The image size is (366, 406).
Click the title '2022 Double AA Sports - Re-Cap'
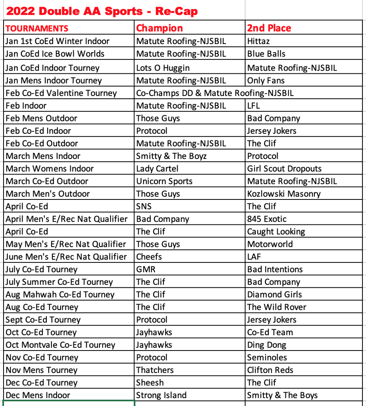click(x=102, y=11)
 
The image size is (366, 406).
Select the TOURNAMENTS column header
click(x=37, y=29)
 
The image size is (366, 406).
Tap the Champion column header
click(x=159, y=28)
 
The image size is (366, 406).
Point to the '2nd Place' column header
click(x=269, y=28)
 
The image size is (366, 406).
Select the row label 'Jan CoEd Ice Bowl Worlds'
click(x=55, y=54)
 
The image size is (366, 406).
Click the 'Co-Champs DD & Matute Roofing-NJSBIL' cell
click(x=215, y=93)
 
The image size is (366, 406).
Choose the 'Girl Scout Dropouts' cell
click(x=284, y=169)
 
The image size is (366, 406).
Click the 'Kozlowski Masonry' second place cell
click(x=284, y=194)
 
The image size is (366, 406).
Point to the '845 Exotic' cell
click(x=266, y=219)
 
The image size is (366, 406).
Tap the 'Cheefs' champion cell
click(x=149, y=257)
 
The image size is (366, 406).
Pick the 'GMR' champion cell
click(x=146, y=269)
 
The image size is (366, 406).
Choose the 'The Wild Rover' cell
click(x=277, y=307)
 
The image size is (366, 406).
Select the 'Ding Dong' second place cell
click(x=266, y=345)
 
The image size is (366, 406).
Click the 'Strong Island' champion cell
click(x=161, y=395)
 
